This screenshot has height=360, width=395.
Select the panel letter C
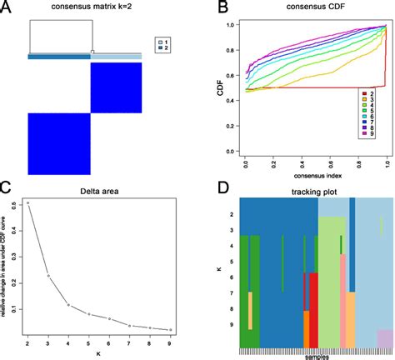tap(7, 188)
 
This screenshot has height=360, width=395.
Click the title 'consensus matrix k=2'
tap(91, 8)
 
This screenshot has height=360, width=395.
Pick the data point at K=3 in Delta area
tap(48, 275)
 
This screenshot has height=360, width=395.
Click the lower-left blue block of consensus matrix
tap(58, 143)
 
